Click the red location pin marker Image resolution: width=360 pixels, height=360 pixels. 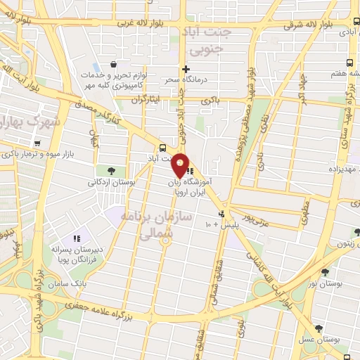[x=181, y=165]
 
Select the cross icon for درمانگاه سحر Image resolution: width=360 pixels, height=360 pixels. [x=186, y=69]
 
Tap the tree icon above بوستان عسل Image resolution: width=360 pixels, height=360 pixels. [x=319, y=328]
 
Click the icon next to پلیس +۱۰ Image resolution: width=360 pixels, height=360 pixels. [x=222, y=214]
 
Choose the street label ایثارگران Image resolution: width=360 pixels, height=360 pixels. [x=148, y=99]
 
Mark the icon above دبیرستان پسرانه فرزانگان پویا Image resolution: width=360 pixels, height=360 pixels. [x=77, y=239]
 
